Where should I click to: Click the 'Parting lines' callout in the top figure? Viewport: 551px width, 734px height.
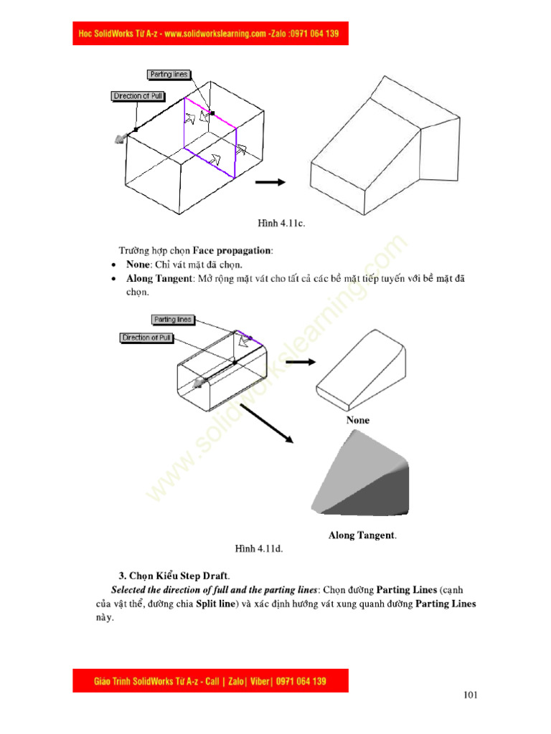[168, 75]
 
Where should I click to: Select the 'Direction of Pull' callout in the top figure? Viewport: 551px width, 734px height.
[137, 96]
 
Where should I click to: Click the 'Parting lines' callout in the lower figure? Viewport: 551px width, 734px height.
[173, 320]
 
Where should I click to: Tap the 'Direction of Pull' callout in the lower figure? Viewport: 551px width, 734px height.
[146, 338]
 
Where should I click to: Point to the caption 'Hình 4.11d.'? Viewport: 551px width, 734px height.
[260, 549]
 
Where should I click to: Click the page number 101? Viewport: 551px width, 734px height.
[471, 695]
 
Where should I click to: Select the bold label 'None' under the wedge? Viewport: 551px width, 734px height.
[358, 420]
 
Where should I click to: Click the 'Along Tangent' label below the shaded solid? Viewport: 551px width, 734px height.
[362, 535]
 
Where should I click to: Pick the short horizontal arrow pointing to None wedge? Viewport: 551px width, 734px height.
[300, 362]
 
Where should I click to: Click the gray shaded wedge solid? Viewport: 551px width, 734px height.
[362, 480]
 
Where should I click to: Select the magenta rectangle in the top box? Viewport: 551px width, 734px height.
[210, 135]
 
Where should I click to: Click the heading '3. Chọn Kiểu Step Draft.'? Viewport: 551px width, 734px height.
[174, 576]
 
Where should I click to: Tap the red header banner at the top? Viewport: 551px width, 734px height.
[210, 34]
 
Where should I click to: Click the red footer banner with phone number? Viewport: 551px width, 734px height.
[210, 680]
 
